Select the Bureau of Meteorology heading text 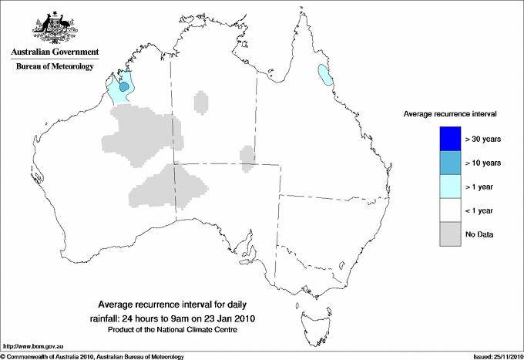[54, 66]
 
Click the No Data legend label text [479, 234]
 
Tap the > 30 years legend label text [483, 139]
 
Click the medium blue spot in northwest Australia [123, 87]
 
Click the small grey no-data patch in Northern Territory [201, 102]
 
